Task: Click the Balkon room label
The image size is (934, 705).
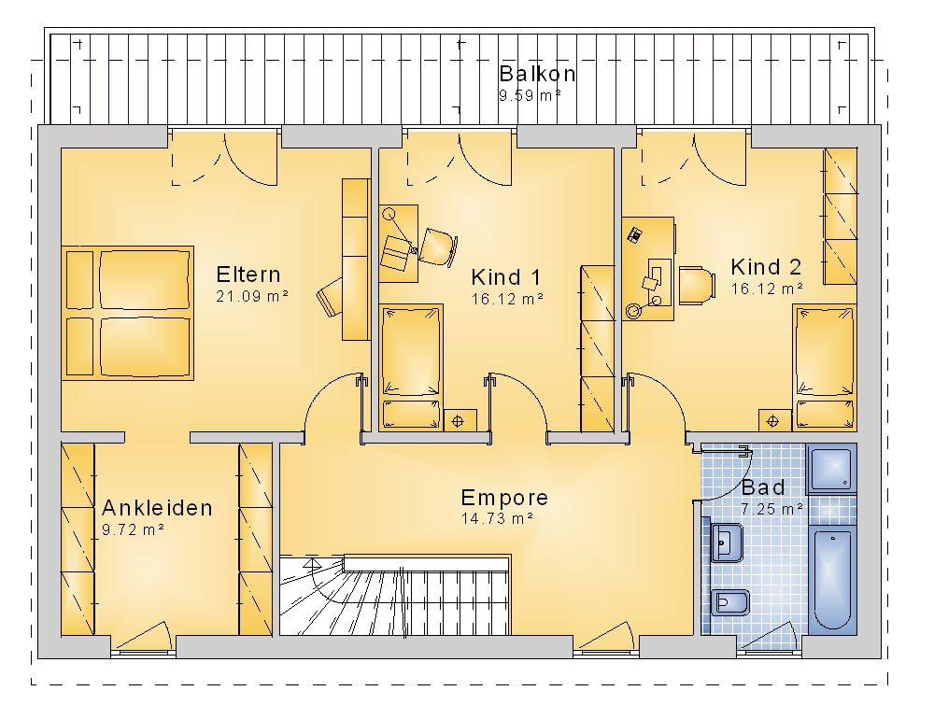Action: pos(537,74)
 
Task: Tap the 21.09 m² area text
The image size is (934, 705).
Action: pos(252,296)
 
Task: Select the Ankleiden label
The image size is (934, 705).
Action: pos(157,508)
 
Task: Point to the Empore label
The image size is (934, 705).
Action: pos(504,498)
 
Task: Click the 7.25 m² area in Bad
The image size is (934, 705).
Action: pos(772,509)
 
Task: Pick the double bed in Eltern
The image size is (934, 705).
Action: pos(127,313)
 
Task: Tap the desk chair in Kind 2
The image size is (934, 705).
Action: pos(697,285)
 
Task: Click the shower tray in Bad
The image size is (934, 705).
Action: pos(831,469)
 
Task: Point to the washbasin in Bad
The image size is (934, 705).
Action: pos(726,543)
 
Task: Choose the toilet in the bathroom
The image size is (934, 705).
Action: pos(729,602)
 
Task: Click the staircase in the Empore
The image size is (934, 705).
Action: pos(395,595)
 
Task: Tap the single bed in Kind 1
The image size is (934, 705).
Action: pos(411,367)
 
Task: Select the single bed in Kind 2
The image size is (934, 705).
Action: pos(825,367)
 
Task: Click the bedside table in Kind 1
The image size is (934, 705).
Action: pos(460,420)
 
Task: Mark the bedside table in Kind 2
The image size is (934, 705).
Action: pos(775,420)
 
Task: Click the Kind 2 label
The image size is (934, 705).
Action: pos(766,267)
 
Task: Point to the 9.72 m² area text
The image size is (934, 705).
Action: pos(133,529)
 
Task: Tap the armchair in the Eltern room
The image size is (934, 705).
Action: pos(330,296)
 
